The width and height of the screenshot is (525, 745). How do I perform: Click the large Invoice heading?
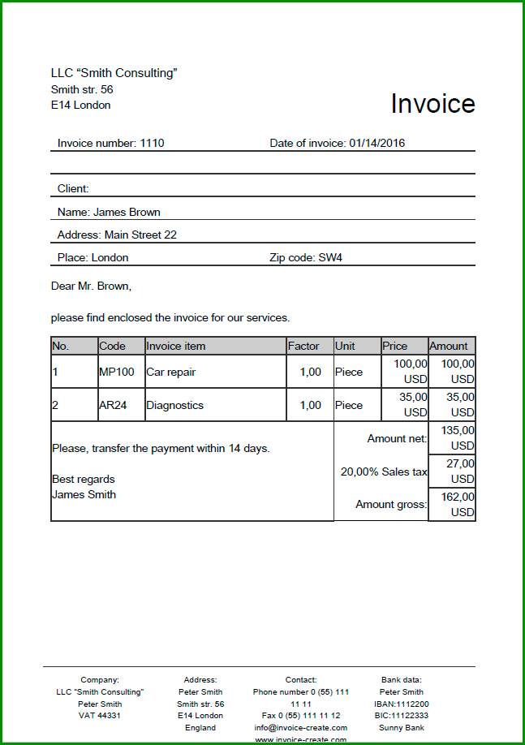coord(432,104)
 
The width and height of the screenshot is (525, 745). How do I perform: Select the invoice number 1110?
coord(152,144)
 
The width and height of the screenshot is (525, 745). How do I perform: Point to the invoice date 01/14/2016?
coord(377,144)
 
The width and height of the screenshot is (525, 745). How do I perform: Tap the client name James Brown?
coord(127,212)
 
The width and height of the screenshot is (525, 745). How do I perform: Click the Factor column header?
coord(303,346)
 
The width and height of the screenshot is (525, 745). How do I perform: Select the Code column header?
coord(113,346)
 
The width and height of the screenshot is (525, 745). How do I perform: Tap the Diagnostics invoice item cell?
coord(174,405)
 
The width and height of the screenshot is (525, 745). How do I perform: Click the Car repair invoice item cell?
coord(170,372)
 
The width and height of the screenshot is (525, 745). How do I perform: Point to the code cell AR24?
coord(113,405)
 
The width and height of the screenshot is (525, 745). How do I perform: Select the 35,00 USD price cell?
coord(405,404)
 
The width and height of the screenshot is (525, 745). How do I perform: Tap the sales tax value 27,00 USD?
coord(454,472)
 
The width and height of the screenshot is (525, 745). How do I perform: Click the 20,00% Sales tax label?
coord(383,472)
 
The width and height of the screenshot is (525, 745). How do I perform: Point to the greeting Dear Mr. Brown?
coord(91,286)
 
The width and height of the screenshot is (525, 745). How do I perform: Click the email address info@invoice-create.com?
coord(301,728)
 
